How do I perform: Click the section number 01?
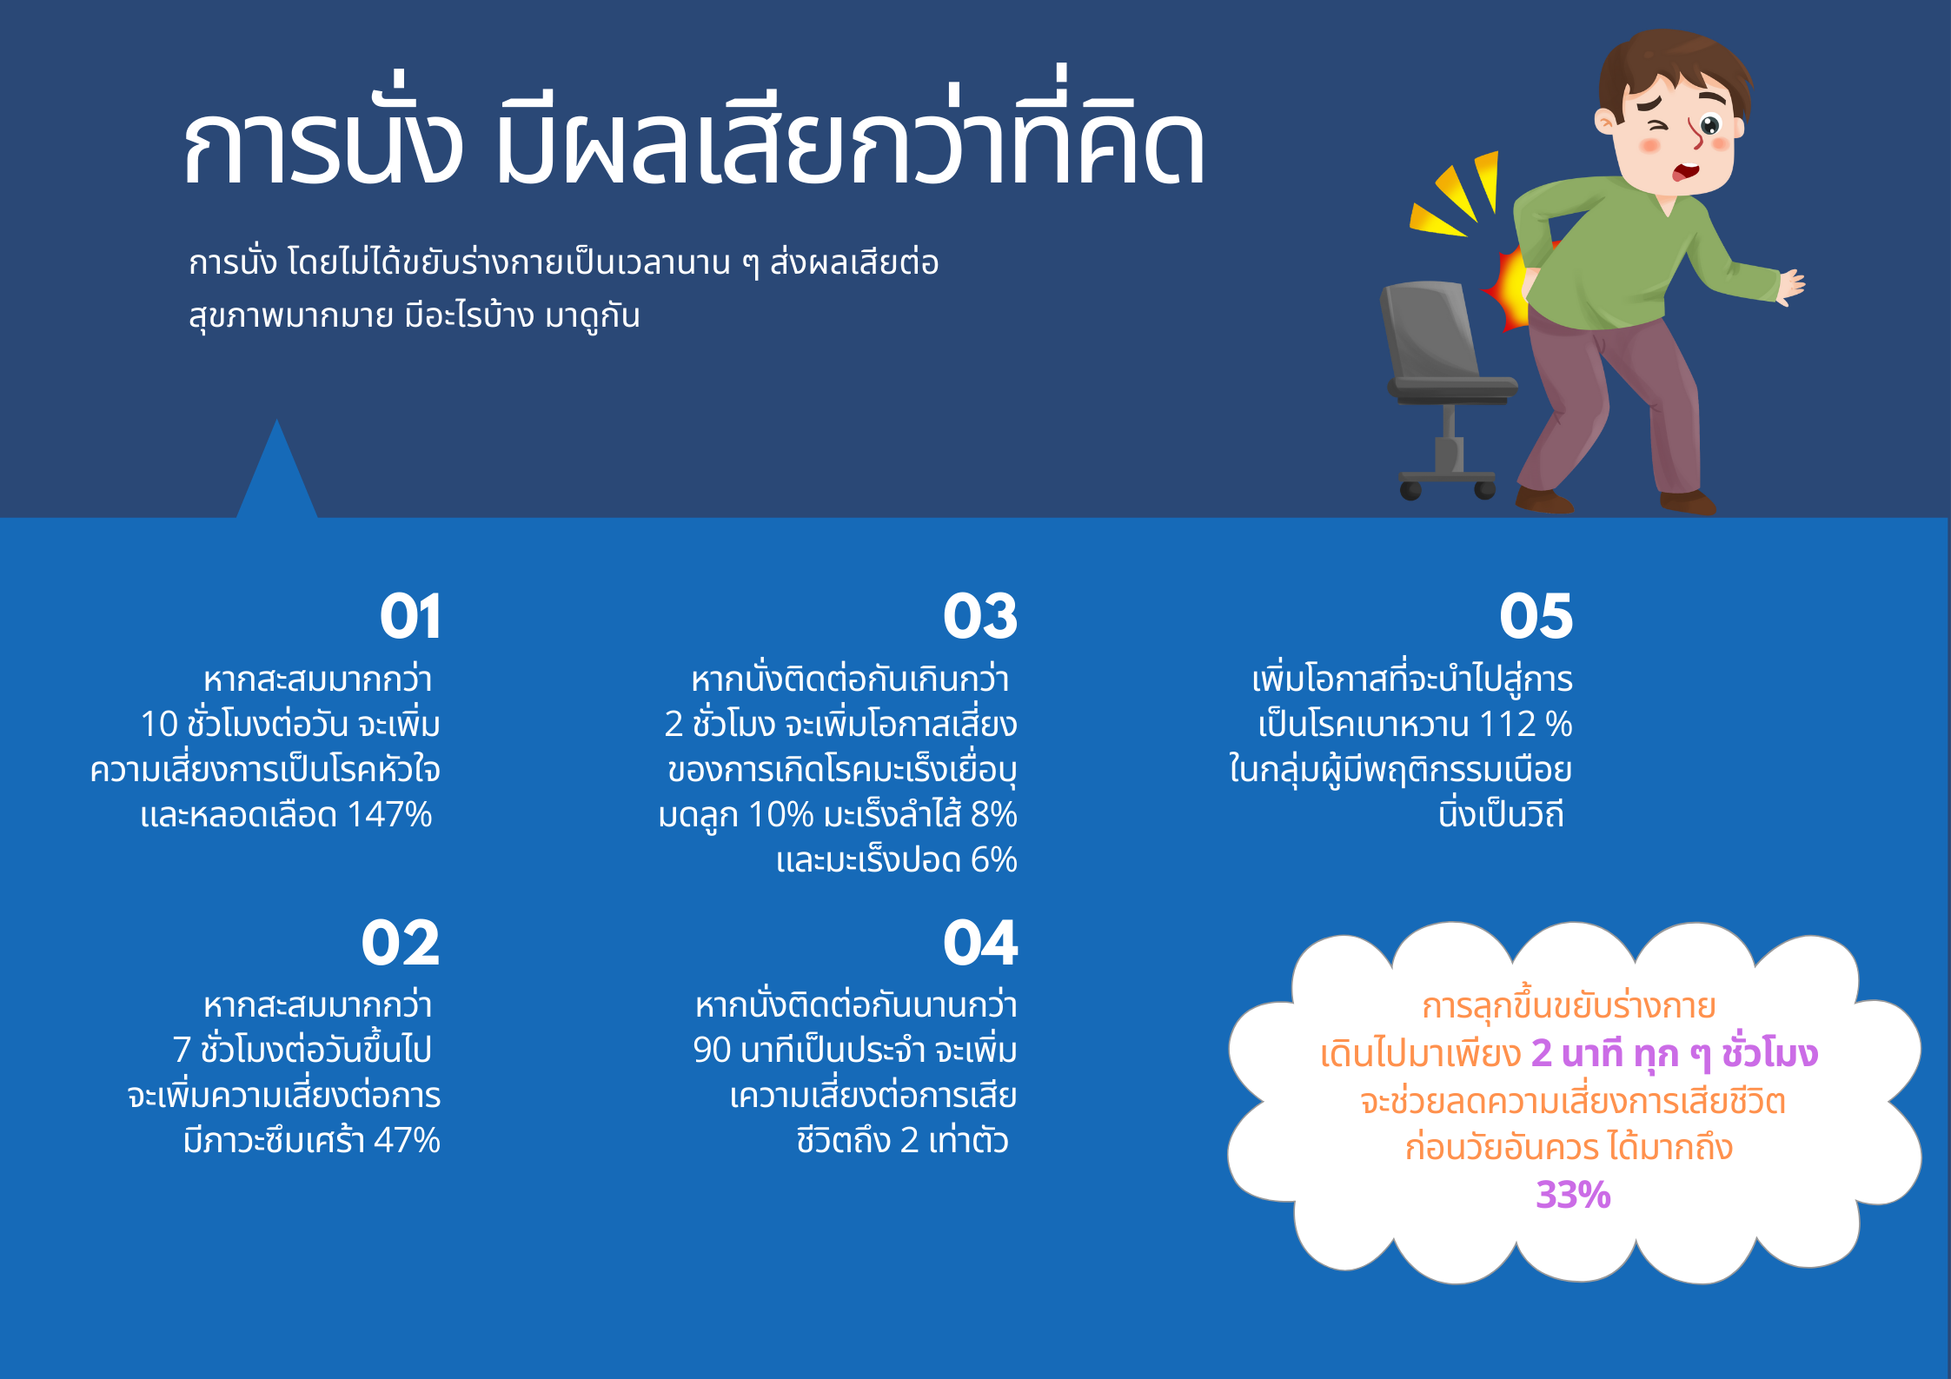(410, 616)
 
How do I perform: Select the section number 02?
(401, 943)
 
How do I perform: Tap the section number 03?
(980, 616)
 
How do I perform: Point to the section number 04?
(980, 943)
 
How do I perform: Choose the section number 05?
(1536, 616)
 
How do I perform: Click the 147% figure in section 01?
(389, 815)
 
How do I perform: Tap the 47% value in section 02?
(407, 1140)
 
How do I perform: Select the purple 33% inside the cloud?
(1573, 1195)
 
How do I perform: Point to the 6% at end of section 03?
(993, 860)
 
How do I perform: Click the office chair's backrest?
(1430, 330)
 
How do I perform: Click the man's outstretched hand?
(1790, 288)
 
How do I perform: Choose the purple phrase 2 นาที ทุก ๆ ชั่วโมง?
(1674, 1054)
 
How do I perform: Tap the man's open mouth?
(1686, 170)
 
